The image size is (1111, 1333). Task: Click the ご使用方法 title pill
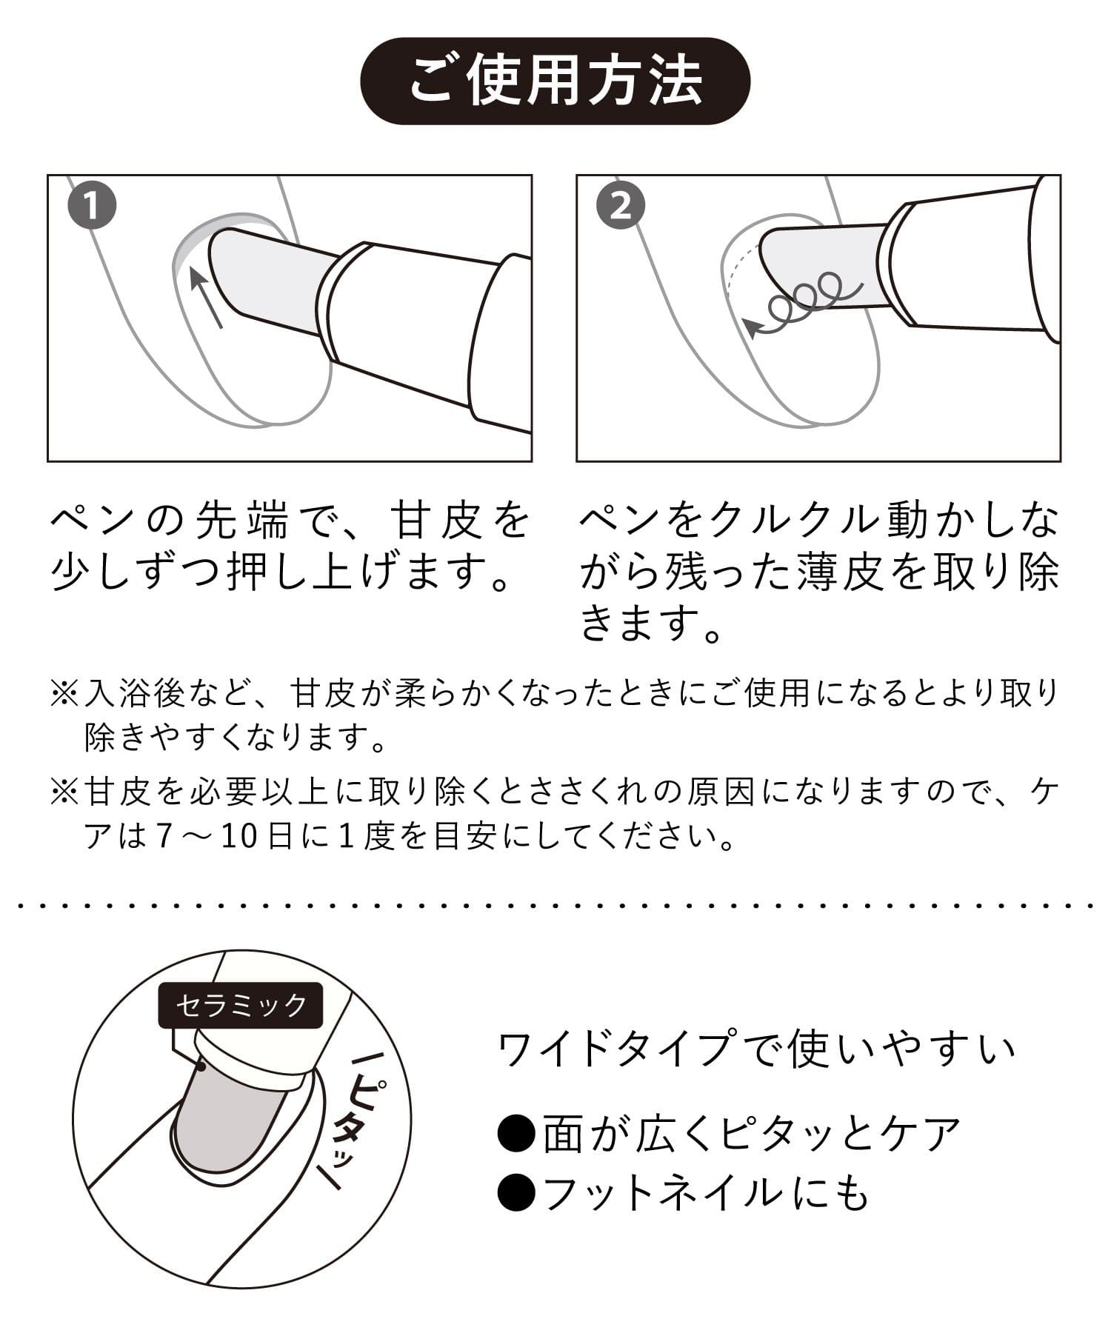[555, 81]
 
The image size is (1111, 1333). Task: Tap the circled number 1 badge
[91, 207]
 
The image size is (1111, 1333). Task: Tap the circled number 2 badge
[621, 207]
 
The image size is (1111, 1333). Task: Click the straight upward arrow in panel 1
[207, 298]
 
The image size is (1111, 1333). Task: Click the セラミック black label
[241, 1005]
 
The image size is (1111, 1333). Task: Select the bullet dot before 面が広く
[517, 1134]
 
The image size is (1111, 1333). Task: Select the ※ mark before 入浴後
[65, 694]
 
